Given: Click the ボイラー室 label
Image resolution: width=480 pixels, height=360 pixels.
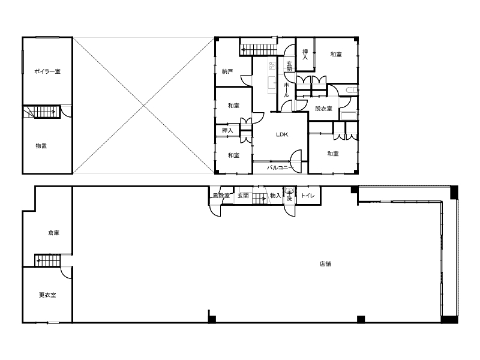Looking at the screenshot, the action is click(x=47, y=71).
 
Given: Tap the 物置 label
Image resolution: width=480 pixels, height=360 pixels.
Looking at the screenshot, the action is click(x=41, y=146).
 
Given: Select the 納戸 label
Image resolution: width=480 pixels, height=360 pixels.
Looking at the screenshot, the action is click(x=227, y=71).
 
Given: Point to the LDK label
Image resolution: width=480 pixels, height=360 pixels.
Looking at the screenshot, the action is click(x=282, y=134).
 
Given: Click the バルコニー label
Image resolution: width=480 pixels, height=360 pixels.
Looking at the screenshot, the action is click(x=280, y=168).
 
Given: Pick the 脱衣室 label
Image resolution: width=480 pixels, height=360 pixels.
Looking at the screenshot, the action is click(x=323, y=109).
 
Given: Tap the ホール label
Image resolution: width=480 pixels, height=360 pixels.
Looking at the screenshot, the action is click(x=287, y=90).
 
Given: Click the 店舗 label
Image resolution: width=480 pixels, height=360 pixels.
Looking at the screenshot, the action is click(x=325, y=264).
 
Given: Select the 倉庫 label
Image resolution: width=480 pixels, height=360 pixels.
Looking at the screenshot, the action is click(x=53, y=233).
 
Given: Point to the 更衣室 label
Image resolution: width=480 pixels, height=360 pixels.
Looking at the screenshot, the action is click(x=47, y=295).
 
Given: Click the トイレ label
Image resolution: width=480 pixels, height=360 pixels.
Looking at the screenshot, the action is click(x=308, y=196).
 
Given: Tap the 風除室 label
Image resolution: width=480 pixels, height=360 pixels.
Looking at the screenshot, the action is click(x=221, y=196).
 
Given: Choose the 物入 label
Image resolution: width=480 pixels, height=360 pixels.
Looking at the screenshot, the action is click(x=275, y=196).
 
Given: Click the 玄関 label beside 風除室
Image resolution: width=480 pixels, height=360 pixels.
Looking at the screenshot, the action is click(x=243, y=196).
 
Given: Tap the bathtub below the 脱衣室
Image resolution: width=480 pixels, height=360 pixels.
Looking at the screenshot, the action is click(x=349, y=116).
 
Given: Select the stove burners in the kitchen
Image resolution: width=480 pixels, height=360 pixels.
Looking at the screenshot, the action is click(x=272, y=65).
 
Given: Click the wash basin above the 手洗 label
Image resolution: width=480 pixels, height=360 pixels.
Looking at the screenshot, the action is click(x=289, y=191).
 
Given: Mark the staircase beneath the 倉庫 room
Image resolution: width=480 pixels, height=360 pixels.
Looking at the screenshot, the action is click(x=47, y=261).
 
